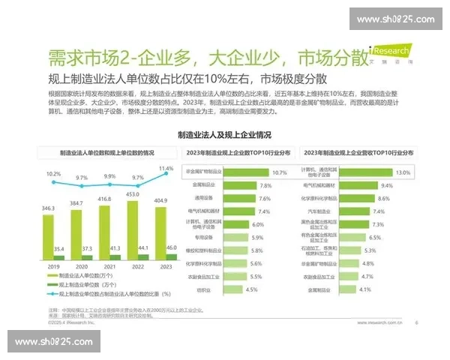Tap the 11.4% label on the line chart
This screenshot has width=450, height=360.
pyautogui.click(x=166, y=169)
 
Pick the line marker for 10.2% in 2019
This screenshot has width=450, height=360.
pyautogui.click(x=53, y=183)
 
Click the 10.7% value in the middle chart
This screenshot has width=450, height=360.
pyautogui.click(x=280, y=172)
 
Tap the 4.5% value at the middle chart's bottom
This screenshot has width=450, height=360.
pyautogui.click(x=252, y=289)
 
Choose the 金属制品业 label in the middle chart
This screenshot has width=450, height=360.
pyautogui.click(x=202, y=184)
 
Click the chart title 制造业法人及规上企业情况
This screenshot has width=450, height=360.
pyautogui.click(x=224, y=136)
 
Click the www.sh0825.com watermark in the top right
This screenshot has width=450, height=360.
pyautogui.click(x=395, y=19)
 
